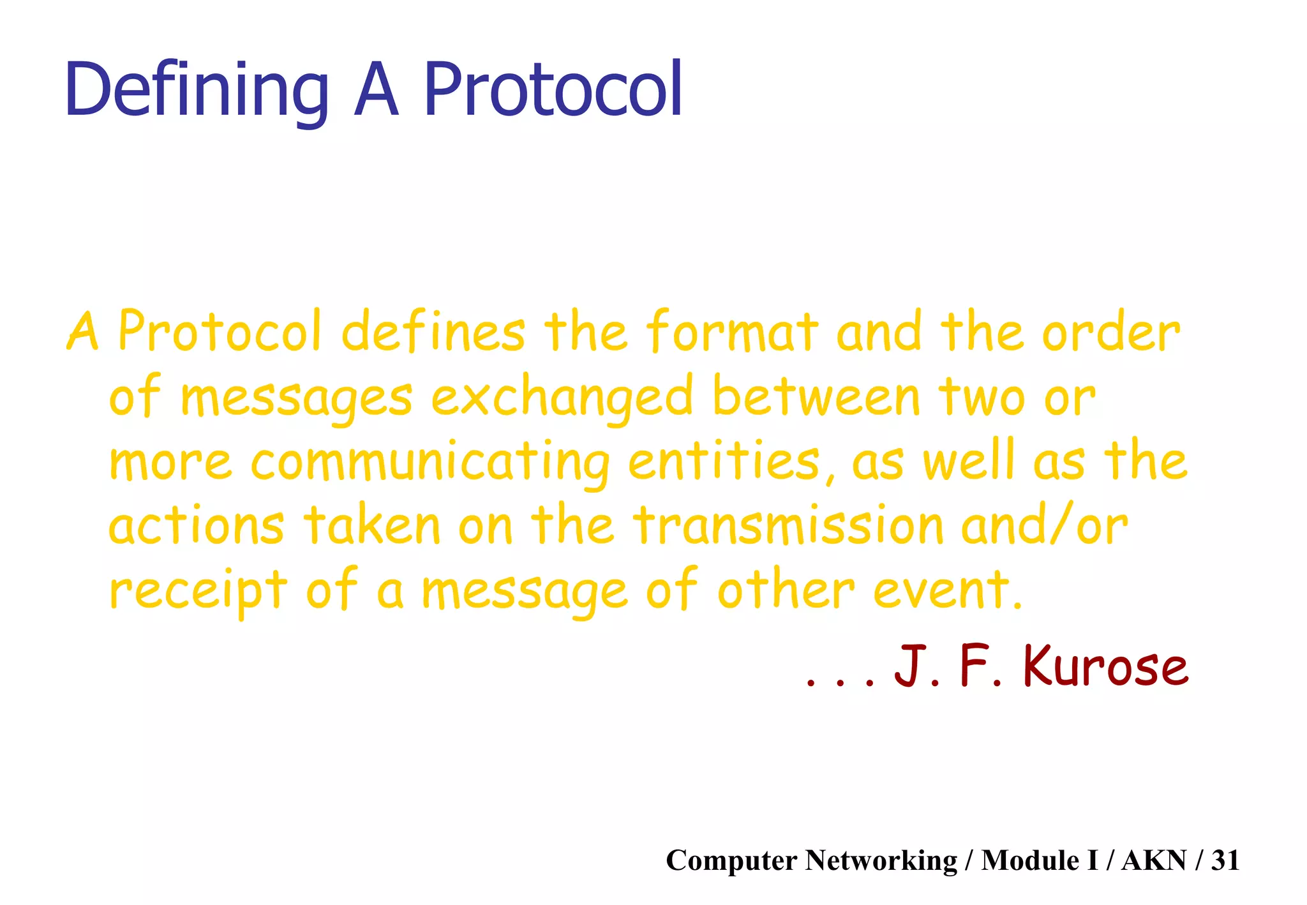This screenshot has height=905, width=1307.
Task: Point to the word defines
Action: tap(433, 332)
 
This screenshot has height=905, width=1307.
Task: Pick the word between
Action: tap(816, 396)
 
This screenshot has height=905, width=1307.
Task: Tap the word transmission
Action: tap(788, 526)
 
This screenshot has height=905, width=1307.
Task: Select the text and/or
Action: tap(1045, 526)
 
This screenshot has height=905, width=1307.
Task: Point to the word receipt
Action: tap(198, 591)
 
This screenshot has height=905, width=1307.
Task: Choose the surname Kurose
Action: tap(1106, 666)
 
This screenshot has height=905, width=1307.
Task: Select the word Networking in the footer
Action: tap(881, 860)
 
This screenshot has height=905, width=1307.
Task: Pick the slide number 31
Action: tap(1225, 860)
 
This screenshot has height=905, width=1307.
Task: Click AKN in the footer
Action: tap(1154, 860)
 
